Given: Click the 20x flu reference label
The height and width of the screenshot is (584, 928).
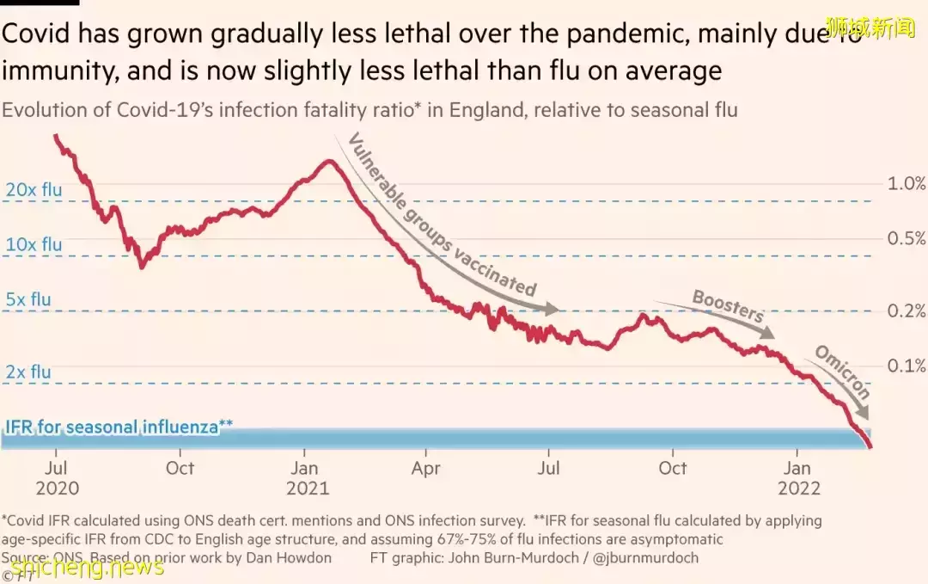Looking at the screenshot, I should point(34,190).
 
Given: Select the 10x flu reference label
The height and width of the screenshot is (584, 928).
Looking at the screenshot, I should point(34,245).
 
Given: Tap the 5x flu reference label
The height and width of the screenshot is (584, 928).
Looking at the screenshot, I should point(28,300).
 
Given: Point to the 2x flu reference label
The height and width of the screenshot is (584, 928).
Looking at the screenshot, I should point(28,372).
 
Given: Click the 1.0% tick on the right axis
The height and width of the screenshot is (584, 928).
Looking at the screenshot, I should point(907,183).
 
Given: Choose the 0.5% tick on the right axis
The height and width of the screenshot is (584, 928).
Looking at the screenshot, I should point(907,238).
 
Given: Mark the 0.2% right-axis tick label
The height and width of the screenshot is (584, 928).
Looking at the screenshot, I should point(907,311).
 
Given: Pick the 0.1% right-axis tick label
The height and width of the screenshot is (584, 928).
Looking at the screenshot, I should point(907,366).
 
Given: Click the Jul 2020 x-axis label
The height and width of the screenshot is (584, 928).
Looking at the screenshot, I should point(57,478).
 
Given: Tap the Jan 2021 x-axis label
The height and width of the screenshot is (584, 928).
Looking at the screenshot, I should point(306,478).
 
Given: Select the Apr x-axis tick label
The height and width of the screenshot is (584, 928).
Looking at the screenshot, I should point(426,469).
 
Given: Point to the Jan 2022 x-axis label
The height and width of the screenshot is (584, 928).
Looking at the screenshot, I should point(798,478).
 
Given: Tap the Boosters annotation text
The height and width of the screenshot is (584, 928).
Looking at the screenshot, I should point(728,306).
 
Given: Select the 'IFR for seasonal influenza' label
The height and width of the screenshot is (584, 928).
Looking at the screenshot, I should point(119,427).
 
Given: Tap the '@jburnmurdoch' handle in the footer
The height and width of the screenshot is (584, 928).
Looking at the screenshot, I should point(650,557).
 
